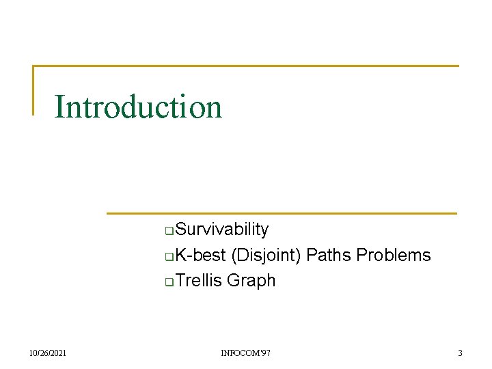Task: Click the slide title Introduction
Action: [x=138, y=107]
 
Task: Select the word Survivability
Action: [x=221, y=230]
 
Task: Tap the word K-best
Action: [x=200, y=256]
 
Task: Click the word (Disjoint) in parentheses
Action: [x=266, y=256]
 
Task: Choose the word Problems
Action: [x=394, y=256]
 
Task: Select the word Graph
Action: [x=251, y=281]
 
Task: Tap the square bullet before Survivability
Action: [x=170, y=230]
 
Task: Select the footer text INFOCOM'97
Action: [x=245, y=353]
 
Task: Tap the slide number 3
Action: [x=460, y=353]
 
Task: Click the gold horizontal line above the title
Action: [x=246, y=66]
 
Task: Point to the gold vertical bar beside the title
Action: [x=33, y=90]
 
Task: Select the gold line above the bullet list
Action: [x=281, y=213]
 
